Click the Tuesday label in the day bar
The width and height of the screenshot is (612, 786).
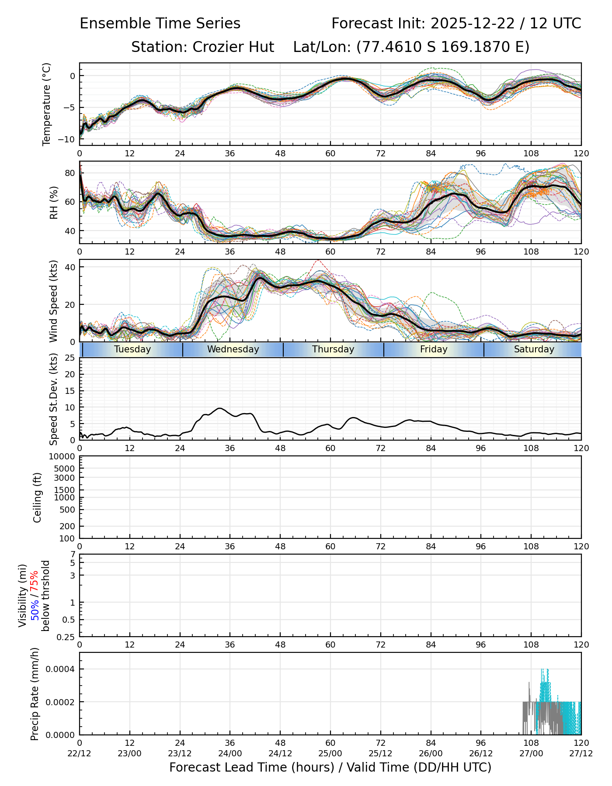(132, 349)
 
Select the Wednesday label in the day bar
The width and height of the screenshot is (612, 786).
(233, 349)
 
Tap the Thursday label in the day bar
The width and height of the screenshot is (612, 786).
(333, 349)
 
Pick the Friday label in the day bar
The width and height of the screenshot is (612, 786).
(434, 349)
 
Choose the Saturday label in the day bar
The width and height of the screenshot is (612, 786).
(534, 349)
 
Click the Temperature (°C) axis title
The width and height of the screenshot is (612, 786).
(47, 104)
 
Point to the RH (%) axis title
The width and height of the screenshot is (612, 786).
(54, 202)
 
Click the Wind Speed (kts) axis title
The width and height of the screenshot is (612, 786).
(54, 301)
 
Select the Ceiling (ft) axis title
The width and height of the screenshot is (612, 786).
(38, 497)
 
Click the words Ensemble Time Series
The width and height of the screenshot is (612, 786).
(160, 24)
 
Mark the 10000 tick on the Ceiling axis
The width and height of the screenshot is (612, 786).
(63, 457)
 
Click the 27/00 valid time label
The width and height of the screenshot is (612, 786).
(531, 753)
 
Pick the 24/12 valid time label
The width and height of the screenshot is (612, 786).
(280, 753)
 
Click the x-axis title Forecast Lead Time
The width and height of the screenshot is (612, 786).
(330, 767)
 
